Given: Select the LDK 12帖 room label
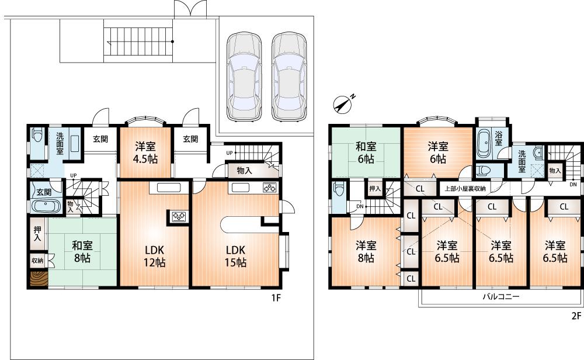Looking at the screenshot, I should [x=155, y=257].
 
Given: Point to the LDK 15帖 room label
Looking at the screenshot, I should [x=236, y=257].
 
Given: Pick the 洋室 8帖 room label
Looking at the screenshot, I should [x=366, y=251].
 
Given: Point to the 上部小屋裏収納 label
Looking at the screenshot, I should [x=465, y=188].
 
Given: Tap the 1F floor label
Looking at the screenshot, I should [x=276, y=297].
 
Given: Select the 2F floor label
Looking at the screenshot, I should [x=576, y=317].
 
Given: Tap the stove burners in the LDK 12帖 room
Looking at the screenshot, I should [x=178, y=217].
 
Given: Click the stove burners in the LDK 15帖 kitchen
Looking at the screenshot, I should [x=269, y=188].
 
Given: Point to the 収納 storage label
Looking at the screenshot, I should [x=36, y=260].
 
